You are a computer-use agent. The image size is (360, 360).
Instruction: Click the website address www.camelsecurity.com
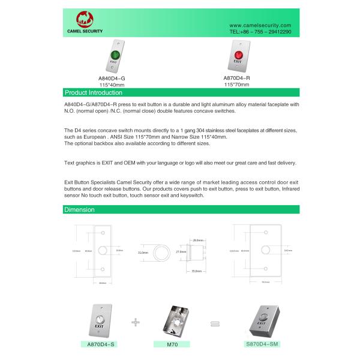260,25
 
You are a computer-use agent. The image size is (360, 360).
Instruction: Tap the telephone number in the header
260,32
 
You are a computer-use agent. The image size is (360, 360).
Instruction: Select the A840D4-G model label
112,79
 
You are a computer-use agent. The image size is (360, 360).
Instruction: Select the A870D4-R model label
237,78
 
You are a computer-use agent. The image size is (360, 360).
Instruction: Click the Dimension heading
79,209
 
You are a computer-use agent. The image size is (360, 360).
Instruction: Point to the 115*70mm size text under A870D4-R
237,85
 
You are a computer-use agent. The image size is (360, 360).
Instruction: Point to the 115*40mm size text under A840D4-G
112,85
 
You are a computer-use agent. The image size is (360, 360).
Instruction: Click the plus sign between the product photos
135,322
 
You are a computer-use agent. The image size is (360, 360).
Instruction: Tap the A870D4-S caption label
101,344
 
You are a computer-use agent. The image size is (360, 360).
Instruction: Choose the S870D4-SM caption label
263,344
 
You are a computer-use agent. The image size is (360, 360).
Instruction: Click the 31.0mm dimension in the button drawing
142,253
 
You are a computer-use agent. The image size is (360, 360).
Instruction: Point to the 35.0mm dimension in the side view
196,271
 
